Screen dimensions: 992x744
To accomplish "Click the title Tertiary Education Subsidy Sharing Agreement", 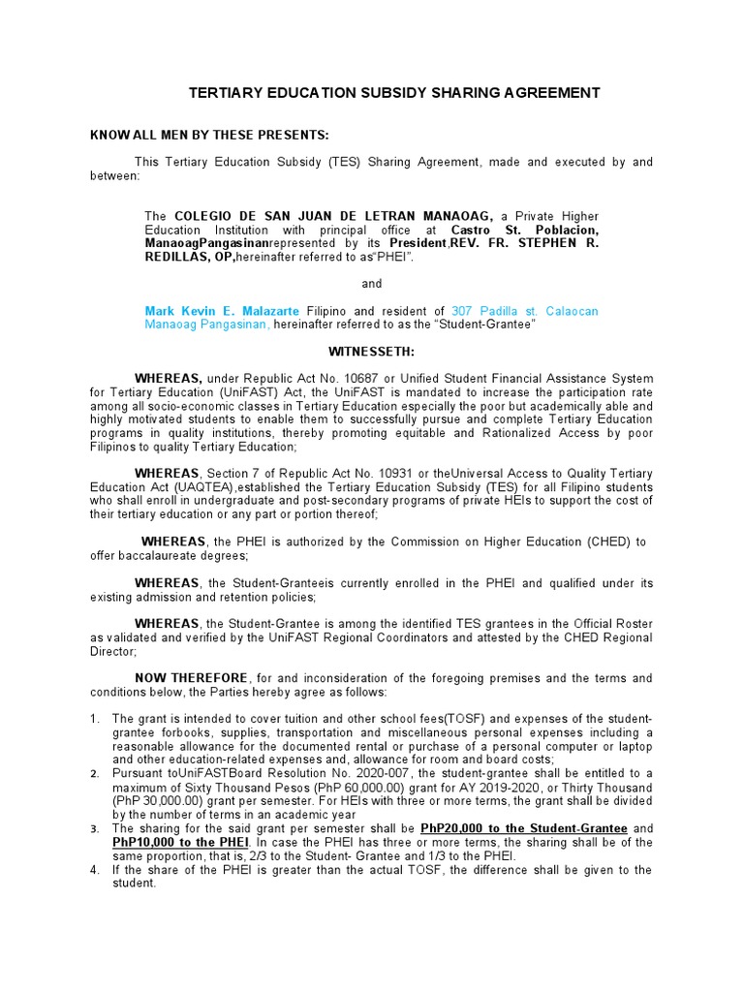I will click(393, 93).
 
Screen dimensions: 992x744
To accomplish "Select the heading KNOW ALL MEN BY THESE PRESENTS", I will click(210, 134).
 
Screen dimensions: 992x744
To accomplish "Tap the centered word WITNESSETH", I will click(372, 352).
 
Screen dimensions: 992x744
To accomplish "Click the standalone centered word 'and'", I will click(372, 284).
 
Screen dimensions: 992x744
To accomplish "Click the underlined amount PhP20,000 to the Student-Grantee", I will click(524, 829).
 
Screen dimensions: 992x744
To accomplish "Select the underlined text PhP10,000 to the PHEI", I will click(172, 843).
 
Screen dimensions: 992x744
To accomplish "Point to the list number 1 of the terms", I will click(95, 719).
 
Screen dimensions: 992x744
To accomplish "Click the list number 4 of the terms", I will click(95, 870).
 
